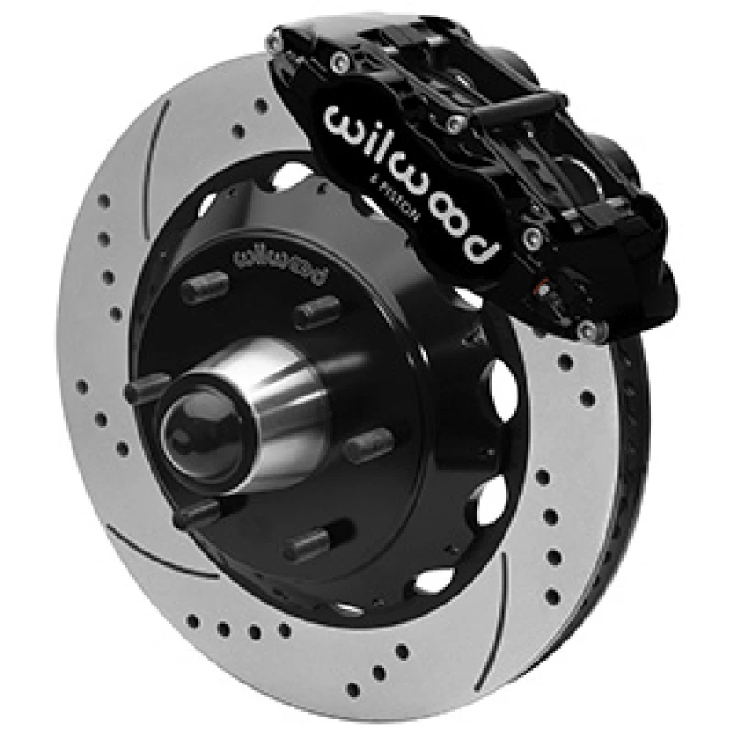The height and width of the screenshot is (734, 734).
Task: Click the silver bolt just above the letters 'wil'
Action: pos(340,61)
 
